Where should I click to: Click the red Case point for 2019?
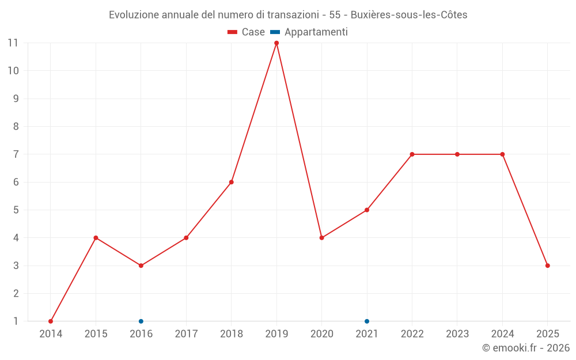(276, 43)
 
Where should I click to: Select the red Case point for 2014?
(51, 321)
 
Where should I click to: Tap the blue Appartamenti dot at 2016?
(141, 321)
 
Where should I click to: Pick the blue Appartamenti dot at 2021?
(367, 321)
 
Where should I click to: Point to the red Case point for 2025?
(548, 266)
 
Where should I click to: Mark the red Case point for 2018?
(232, 182)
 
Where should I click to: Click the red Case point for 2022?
(412, 154)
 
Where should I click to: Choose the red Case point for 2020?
(321, 238)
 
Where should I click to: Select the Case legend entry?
(246, 32)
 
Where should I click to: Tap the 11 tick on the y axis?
(13, 43)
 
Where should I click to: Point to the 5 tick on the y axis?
(16, 210)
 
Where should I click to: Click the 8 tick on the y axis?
(16, 127)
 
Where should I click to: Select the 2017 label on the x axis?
(186, 334)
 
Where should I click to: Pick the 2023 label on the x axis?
(457, 334)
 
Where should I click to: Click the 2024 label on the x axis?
(502, 334)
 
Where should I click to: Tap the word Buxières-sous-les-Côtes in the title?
(409, 15)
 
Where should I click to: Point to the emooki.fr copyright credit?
(526, 348)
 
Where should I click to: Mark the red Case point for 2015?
(96, 238)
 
